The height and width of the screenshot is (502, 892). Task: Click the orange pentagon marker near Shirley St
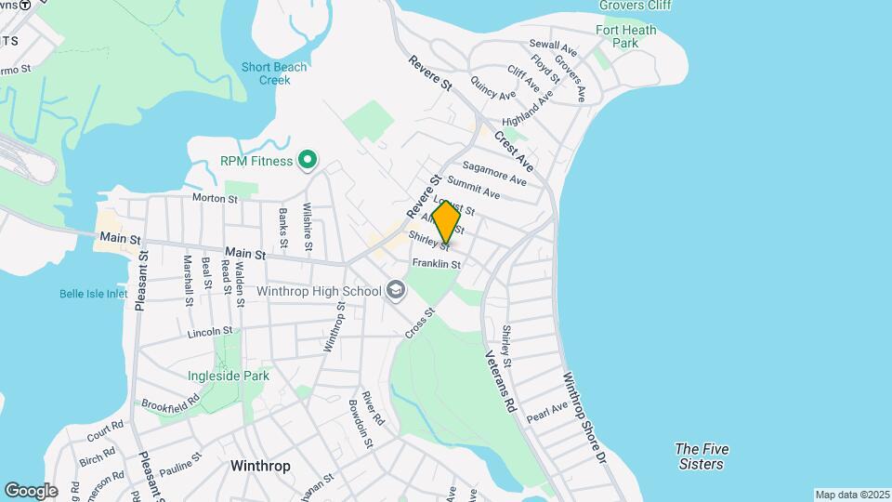pos(446,222)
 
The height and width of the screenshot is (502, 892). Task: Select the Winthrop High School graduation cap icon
pos(396,291)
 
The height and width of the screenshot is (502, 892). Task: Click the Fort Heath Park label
pos(625,36)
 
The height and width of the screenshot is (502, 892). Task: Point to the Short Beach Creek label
pos(266,73)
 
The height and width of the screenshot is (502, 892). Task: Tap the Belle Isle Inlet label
pos(93,294)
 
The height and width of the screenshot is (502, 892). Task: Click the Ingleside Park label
pos(229,376)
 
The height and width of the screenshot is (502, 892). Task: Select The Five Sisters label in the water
pos(702,456)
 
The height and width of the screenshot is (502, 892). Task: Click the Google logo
pos(30,490)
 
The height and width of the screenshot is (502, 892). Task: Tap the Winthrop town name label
pos(259,466)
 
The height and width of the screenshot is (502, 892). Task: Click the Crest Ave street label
pos(513,152)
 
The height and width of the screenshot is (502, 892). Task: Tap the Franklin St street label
pos(437,264)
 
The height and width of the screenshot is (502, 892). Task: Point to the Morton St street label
pos(216,197)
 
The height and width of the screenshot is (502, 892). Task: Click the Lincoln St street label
pos(209,331)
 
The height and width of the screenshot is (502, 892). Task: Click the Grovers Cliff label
pos(635,6)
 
